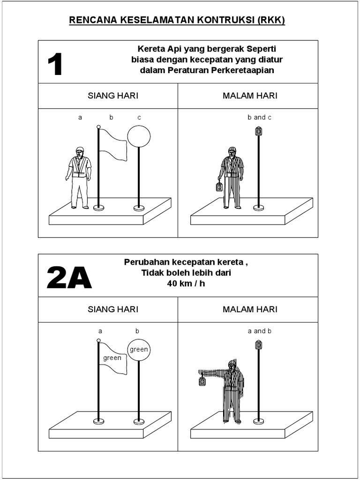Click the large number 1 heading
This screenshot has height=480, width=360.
click(x=55, y=65)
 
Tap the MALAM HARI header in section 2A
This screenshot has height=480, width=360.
click(x=250, y=309)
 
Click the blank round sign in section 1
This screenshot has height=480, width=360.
click(x=139, y=136)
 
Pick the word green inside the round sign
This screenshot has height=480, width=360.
click(x=139, y=349)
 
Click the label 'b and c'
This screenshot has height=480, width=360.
click(x=259, y=117)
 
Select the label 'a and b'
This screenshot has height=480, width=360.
click(x=259, y=331)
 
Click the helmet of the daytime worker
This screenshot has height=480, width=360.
click(x=80, y=150)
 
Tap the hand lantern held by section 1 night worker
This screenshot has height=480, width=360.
click(x=219, y=187)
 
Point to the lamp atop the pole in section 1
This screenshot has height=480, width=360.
click(x=258, y=131)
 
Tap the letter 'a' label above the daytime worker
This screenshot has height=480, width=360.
click(x=80, y=118)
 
